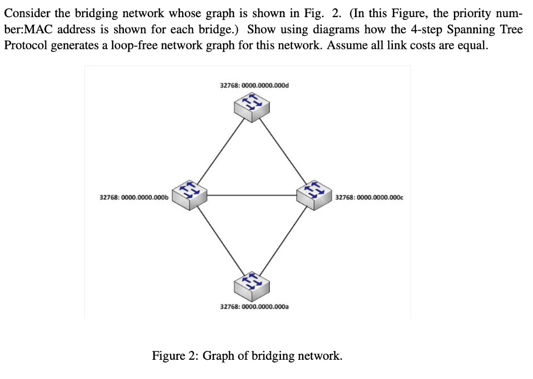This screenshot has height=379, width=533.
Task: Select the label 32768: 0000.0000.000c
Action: [370, 198]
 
